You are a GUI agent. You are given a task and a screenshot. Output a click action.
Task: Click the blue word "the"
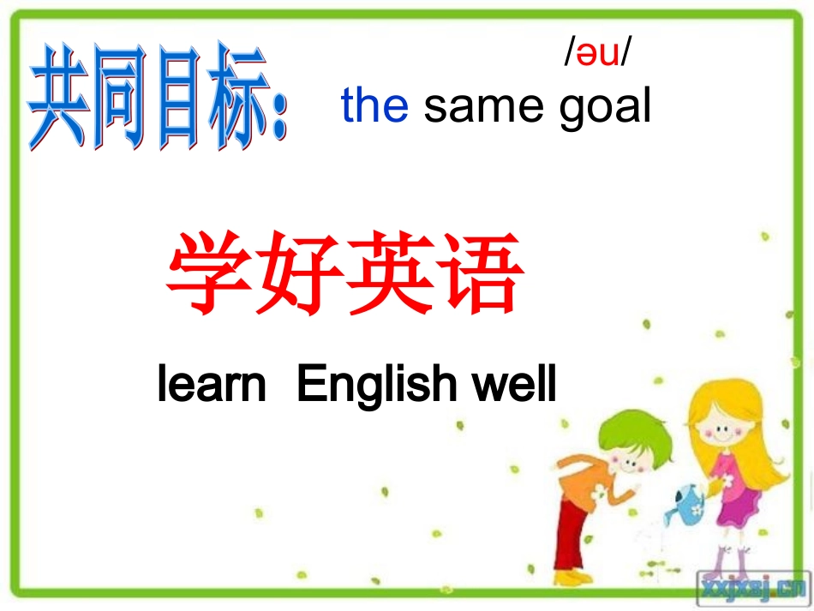coord(374,105)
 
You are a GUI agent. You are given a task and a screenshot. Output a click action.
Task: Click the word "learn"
coord(212,384)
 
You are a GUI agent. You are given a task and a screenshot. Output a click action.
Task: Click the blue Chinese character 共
coord(61,99)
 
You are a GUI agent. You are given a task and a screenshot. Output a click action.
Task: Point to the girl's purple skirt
coord(733,506)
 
